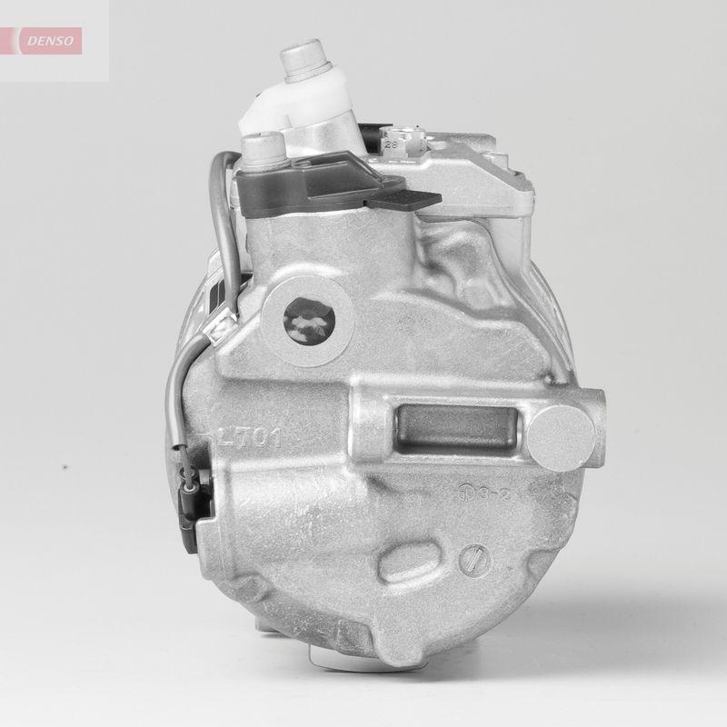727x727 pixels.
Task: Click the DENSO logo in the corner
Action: [53, 39]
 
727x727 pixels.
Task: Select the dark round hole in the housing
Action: [309, 320]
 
